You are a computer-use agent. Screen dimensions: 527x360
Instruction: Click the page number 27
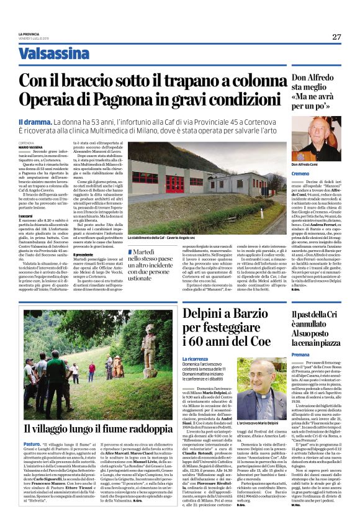[336, 37]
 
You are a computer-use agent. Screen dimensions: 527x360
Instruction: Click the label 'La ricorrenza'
[196, 359]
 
